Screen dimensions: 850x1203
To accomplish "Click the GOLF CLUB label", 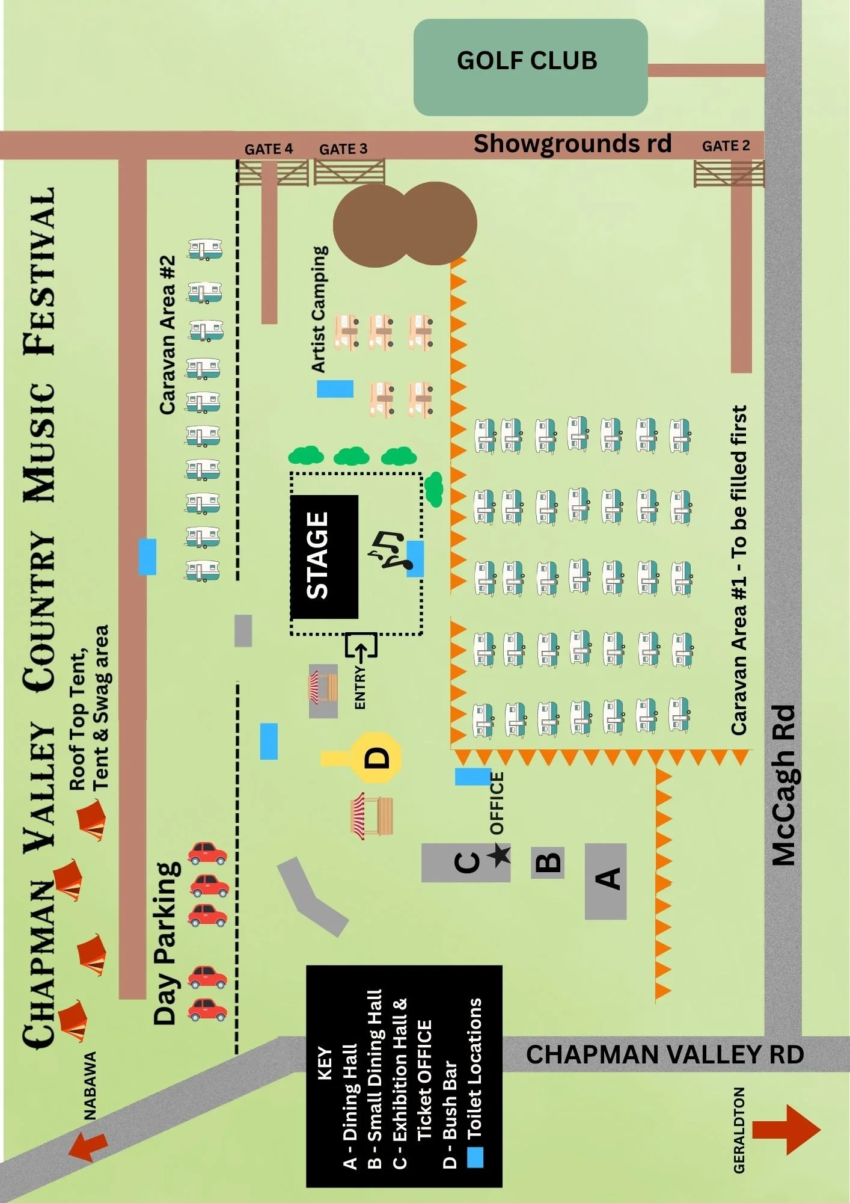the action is point(527,60).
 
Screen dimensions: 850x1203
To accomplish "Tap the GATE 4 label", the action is point(269,149).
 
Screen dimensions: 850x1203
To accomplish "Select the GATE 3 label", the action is point(343,149).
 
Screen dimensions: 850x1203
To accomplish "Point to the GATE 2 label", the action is point(726,146).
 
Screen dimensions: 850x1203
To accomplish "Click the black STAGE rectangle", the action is point(325,556).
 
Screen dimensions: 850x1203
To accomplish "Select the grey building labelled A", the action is point(606,881).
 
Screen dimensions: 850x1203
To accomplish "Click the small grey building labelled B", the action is point(548,863).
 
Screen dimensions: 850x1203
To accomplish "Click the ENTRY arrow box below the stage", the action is point(361,645).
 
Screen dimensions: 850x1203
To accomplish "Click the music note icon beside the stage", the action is point(390,550).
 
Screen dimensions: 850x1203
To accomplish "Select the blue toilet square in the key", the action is point(475,1157).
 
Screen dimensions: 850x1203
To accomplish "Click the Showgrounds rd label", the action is point(572,144).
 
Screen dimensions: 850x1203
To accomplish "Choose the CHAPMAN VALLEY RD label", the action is point(665,1054).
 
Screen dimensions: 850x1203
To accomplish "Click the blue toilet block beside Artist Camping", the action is point(335,389).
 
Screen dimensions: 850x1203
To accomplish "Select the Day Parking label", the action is point(167,943).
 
